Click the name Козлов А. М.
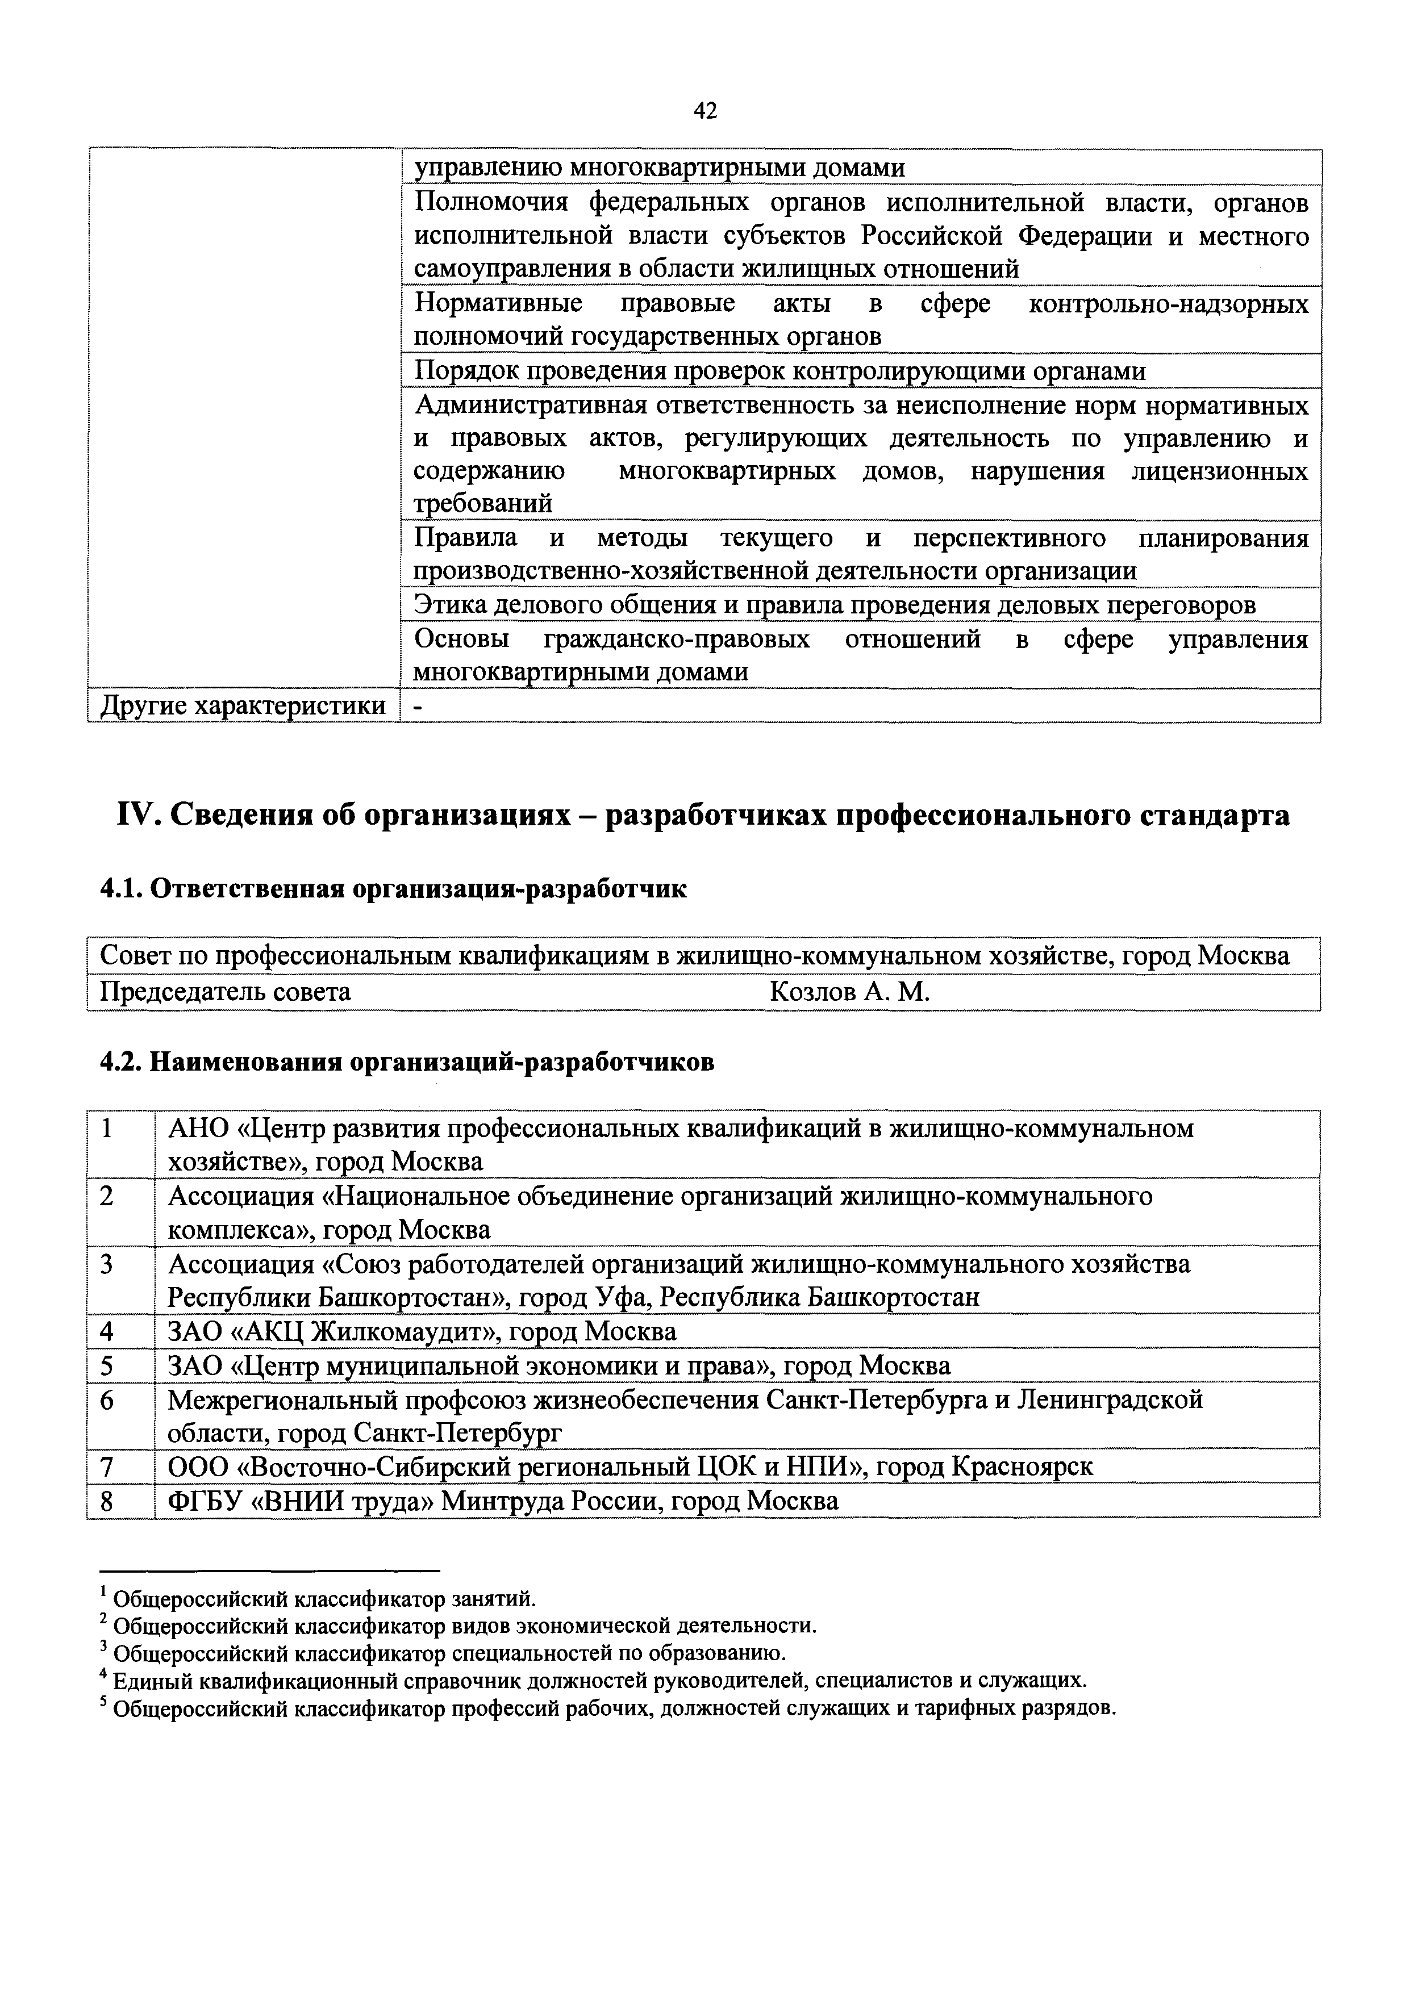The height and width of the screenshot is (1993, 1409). tap(849, 992)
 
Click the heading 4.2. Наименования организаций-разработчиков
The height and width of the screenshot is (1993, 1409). tap(407, 1063)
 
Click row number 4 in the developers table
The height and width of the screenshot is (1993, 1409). tap(107, 1331)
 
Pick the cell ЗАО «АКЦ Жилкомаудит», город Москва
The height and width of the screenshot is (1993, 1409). tap(422, 1331)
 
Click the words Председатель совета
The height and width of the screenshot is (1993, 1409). tap(226, 992)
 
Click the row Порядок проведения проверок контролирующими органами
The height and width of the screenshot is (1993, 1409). tap(779, 371)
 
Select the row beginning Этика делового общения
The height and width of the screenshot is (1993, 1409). tap(833, 605)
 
